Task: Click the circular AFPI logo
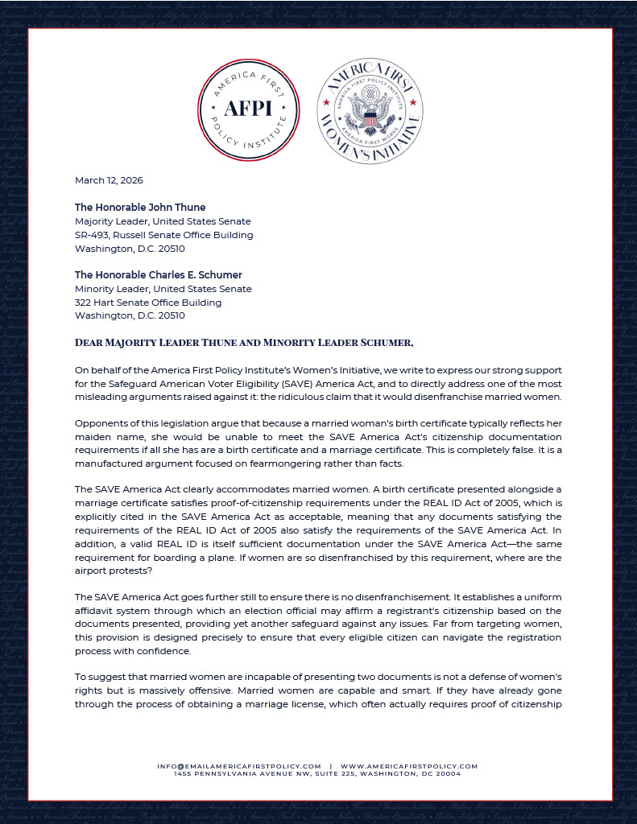[x=249, y=110]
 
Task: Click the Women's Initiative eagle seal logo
[x=370, y=111]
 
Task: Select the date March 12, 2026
[x=109, y=180]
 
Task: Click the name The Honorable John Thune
[x=140, y=208]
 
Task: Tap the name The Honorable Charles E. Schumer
[x=159, y=275]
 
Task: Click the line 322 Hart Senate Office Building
[x=148, y=303]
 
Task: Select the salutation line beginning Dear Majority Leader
[x=244, y=343]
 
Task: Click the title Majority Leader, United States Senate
[x=163, y=221]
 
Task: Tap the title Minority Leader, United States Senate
[x=163, y=289]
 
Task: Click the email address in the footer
[x=239, y=766]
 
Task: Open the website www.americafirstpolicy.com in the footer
[x=409, y=766]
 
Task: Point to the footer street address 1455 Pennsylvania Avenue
[x=318, y=774]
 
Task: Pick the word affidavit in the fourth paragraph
[x=97, y=611]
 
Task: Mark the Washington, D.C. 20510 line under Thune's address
[x=130, y=249]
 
